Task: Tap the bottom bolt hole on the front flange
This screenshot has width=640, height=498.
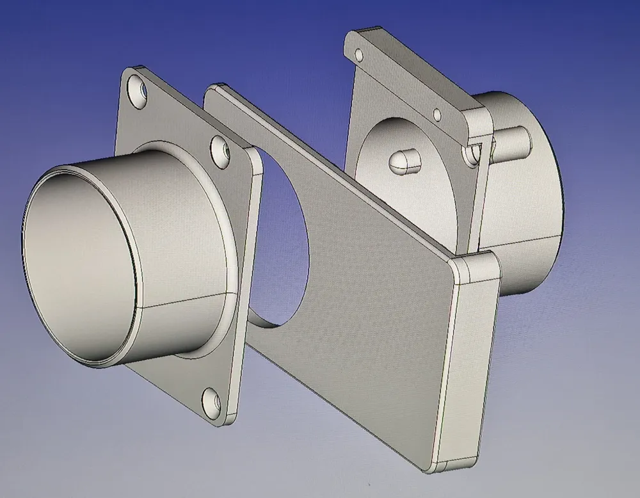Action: [212, 401]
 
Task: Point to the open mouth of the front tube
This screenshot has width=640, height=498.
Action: [77, 262]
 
